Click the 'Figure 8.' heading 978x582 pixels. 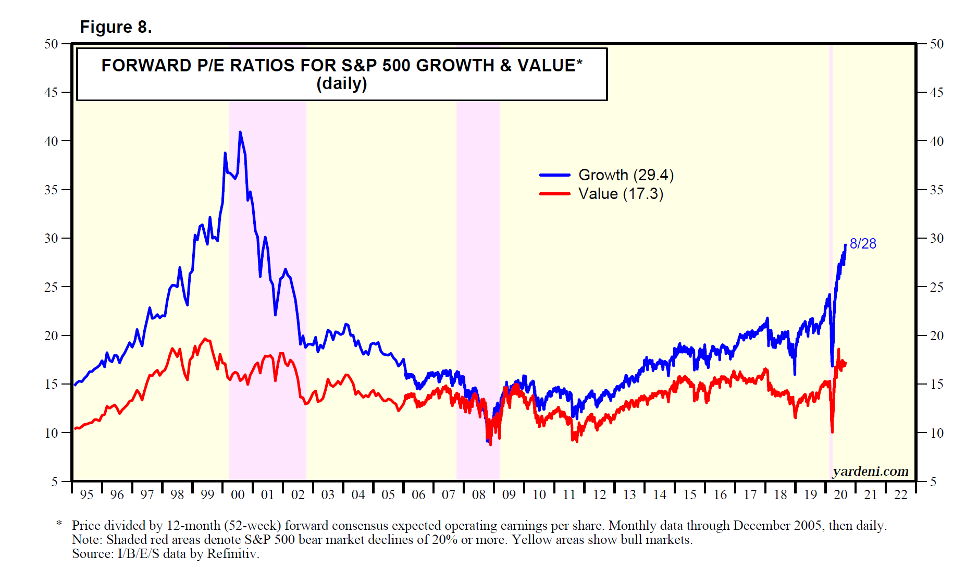(x=116, y=27)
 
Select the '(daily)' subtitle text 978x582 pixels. (x=342, y=83)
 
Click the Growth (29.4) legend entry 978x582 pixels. (x=626, y=175)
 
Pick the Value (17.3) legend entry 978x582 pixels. (x=621, y=194)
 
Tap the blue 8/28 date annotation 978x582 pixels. (x=863, y=244)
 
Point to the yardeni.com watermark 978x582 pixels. (x=870, y=471)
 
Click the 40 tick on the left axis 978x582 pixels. (x=51, y=141)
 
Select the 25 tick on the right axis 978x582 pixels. (x=936, y=287)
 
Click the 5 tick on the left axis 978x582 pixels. (x=54, y=481)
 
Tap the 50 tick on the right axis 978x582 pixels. (x=936, y=44)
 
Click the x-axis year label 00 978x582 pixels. (x=238, y=494)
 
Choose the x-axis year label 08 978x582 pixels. (x=479, y=494)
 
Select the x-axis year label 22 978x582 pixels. (x=901, y=494)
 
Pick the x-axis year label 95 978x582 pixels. (x=86, y=494)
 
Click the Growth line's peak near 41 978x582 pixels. (x=240, y=132)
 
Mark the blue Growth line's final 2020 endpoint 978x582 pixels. (x=845, y=245)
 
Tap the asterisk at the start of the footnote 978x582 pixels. (x=59, y=524)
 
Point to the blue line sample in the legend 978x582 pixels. (x=555, y=176)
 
